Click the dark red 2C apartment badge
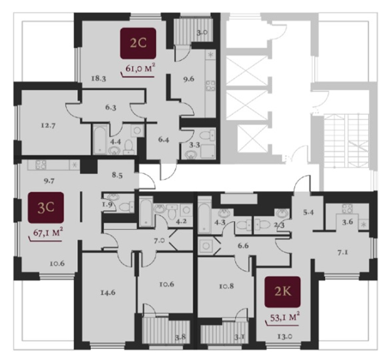point(138,43)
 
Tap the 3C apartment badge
point(46,207)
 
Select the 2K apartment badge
point(283,292)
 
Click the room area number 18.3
point(98,79)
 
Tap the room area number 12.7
point(48,125)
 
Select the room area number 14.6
point(108,292)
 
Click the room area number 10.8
point(226,286)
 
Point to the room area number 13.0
point(285,336)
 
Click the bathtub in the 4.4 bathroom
point(100,140)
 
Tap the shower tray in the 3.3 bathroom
point(207,152)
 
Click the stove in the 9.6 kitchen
point(210,85)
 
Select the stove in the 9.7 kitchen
point(41,165)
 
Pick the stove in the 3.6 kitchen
point(347,209)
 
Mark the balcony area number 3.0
point(201,33)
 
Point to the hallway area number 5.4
point(309,213)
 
